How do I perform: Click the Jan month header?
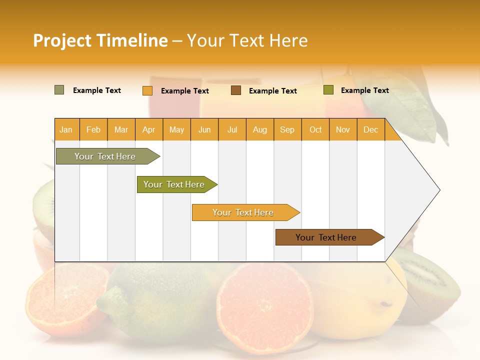66,129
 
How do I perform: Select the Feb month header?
93,129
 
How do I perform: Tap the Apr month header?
149,129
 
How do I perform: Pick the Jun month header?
204,129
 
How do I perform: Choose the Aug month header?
260,129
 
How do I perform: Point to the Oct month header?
315,129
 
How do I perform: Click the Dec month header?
370,129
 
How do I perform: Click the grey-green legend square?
59,90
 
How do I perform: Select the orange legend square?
147,90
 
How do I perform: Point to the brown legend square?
236,90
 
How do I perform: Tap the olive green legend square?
328,90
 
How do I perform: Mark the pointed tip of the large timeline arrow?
439,190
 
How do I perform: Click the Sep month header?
287,129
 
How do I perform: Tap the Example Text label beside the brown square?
273,91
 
